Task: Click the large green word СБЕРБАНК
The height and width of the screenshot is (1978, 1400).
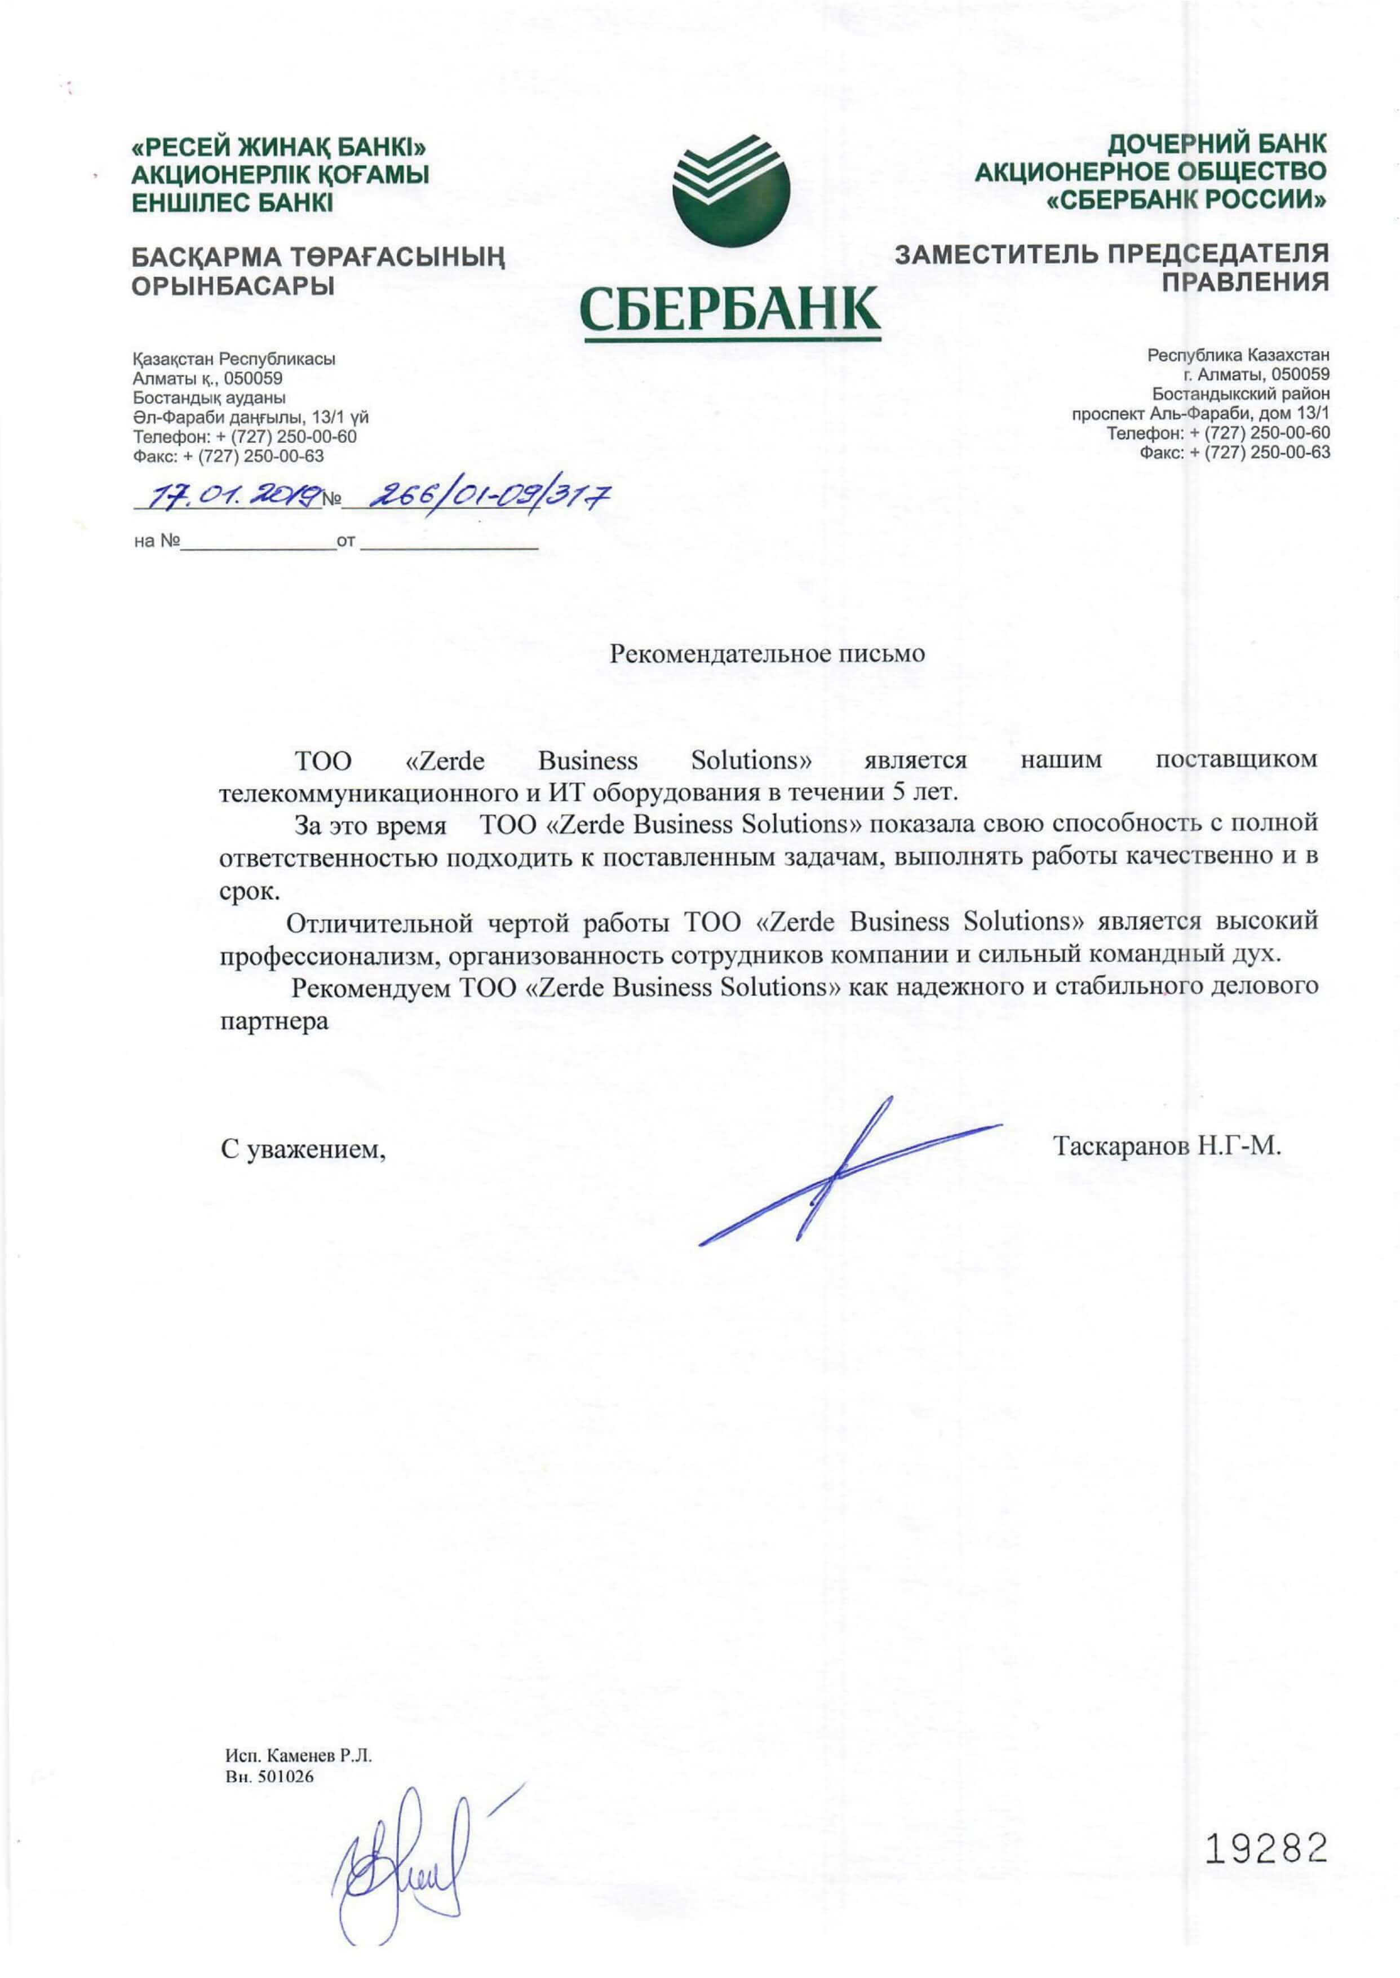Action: pos(730,309)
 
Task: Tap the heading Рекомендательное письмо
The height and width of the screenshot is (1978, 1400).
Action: pos(767,653)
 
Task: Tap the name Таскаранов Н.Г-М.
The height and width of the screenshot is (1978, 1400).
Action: pos(1167,1146)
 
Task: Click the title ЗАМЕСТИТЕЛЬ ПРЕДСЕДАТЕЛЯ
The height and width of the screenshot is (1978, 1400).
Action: pos(1111,254)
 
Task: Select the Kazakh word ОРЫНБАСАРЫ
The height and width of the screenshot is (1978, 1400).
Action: pos(233,286)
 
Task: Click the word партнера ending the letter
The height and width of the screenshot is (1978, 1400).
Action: pos(274,1022)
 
